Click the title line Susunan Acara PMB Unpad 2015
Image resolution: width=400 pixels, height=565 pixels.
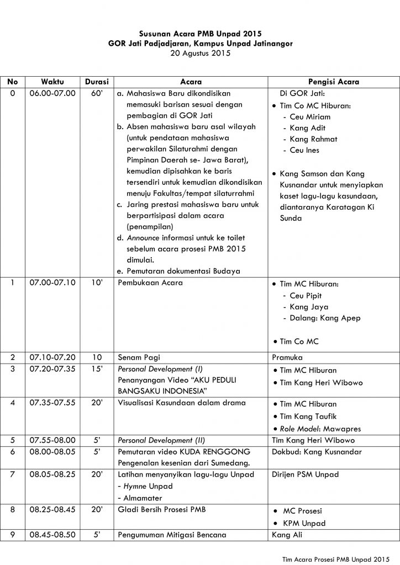coord(200,34)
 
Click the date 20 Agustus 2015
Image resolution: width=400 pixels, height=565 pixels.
coord(200,54)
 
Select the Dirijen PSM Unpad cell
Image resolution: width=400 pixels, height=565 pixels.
coord(305,474)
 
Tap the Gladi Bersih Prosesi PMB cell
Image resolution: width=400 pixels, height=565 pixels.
coord(161,509)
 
